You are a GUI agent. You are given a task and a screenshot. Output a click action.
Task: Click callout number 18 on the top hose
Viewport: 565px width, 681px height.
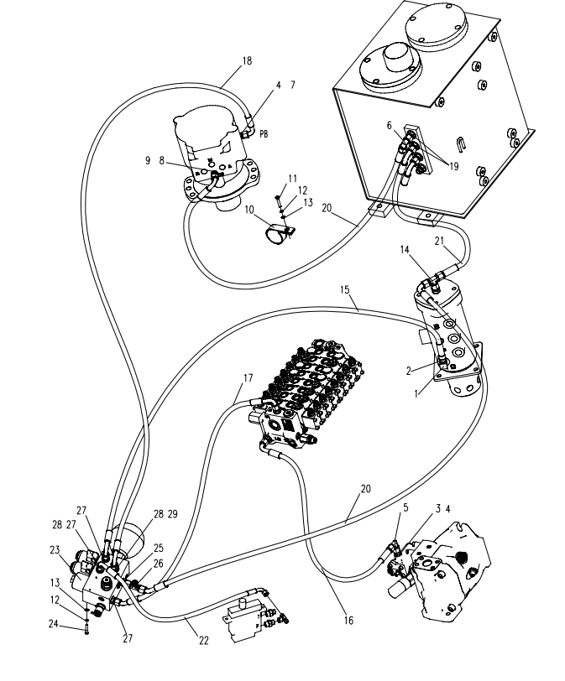(x=246, y=60)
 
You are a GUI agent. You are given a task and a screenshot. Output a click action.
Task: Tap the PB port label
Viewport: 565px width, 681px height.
(x=263, y=133)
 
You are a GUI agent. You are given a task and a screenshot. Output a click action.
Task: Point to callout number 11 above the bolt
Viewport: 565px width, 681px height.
(x=293, y=178)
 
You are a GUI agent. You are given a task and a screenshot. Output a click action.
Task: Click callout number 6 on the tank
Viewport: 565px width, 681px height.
(x=389, y=124)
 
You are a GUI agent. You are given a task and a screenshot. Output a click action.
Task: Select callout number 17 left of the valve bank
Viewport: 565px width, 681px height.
(x=247, y=378)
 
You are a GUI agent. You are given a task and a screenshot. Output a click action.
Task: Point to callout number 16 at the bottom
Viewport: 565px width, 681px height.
(x=348, y=621)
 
